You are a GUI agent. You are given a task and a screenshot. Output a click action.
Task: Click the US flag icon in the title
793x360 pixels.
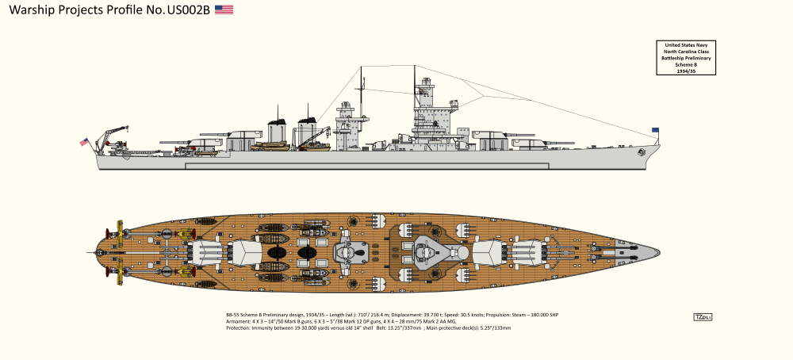224,10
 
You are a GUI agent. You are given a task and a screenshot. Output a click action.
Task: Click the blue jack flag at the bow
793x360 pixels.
656,130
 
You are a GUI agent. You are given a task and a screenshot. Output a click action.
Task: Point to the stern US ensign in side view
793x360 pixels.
84,142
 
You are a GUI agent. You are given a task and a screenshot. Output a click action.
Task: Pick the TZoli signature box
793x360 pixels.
702,317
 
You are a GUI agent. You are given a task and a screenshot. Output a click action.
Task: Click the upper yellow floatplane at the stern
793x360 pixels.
115,232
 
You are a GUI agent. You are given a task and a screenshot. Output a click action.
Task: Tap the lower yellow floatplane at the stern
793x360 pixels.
115,274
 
